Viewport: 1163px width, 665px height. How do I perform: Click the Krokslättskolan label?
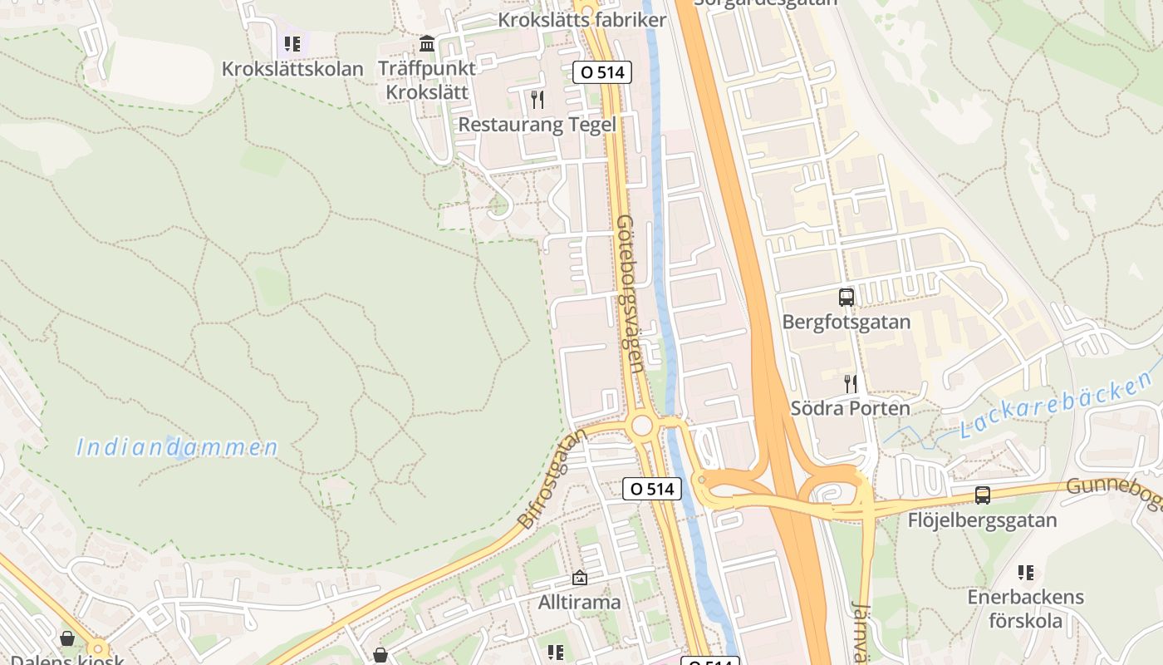(x=292, y=69)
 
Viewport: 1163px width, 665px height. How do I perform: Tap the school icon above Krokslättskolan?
(x=292, y=43)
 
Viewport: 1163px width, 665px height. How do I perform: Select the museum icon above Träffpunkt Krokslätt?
(x=427, y=43)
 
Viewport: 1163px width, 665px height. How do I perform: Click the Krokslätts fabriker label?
(x=581, y=20)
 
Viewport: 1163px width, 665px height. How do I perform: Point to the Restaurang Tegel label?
(x=537, y=125)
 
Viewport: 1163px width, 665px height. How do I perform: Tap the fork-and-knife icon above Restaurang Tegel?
(x=537, y=100)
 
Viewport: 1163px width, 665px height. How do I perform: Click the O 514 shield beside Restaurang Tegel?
(x=602, y=72)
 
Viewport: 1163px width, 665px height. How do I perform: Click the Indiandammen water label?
(x=178, y=447)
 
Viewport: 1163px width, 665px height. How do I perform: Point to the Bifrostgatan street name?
(x=552, y=480)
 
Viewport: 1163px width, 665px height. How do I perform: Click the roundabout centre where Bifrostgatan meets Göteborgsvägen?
(x=641, y=426)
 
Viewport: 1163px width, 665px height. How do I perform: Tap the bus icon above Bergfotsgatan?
(x=846, y=297)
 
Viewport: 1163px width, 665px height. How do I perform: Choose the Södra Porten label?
(x=850, y=408)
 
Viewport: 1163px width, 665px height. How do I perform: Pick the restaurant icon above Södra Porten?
(x=850, y=383)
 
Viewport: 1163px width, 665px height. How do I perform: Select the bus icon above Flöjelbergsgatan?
(x=983, y=495)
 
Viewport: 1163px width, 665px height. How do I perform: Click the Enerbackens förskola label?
(x=1026, y=608)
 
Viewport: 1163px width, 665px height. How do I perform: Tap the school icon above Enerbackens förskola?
(x=1026, y=573)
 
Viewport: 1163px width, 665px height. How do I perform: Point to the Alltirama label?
(x=579, y=601)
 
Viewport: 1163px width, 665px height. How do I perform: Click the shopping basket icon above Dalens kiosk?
(x=67, y=638)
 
